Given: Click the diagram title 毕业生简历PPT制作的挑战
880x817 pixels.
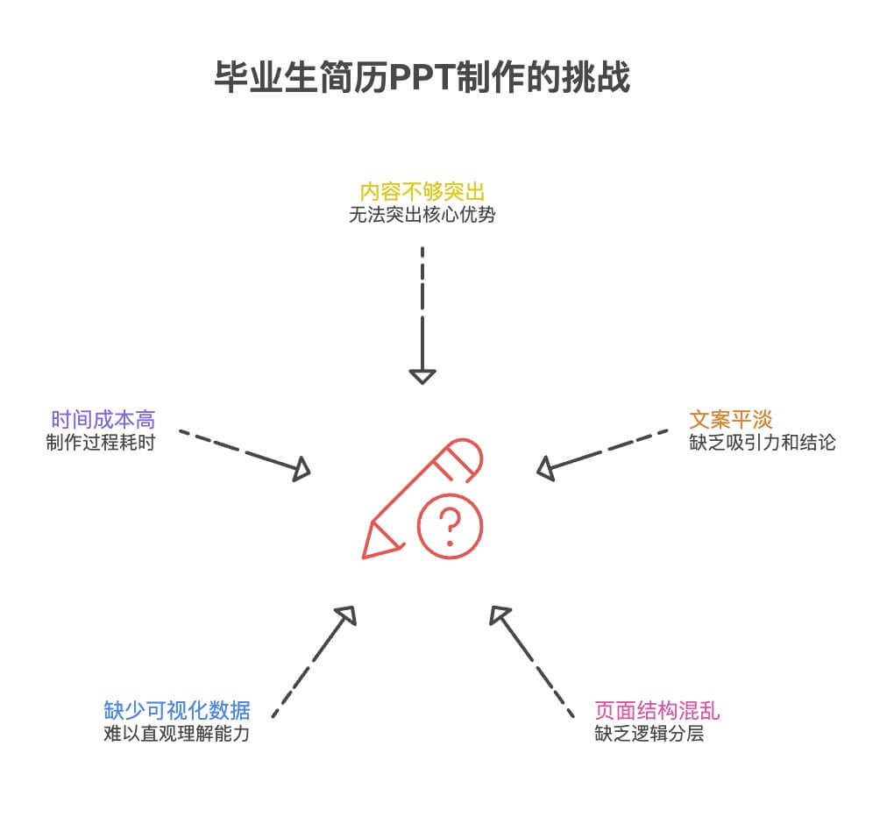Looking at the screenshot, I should point(422,77).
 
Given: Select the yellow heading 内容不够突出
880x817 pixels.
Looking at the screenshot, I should point(422,191).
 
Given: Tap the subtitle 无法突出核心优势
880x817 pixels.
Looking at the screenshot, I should point(422,215).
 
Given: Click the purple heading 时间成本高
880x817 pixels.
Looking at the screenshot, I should point(103,419).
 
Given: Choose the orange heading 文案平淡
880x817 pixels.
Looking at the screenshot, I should point(730,419).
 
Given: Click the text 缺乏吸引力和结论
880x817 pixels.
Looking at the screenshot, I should point(763,443).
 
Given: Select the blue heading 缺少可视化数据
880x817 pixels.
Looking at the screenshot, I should point(177,710).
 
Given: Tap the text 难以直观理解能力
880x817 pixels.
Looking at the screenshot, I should point(177,734).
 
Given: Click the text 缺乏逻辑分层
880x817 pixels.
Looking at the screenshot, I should point(649,734).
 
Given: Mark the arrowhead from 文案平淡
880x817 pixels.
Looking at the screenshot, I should point(546,469).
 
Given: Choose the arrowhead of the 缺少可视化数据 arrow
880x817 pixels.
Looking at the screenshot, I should point(346,615).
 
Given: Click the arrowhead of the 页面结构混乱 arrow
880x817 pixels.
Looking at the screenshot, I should point(500,615).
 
